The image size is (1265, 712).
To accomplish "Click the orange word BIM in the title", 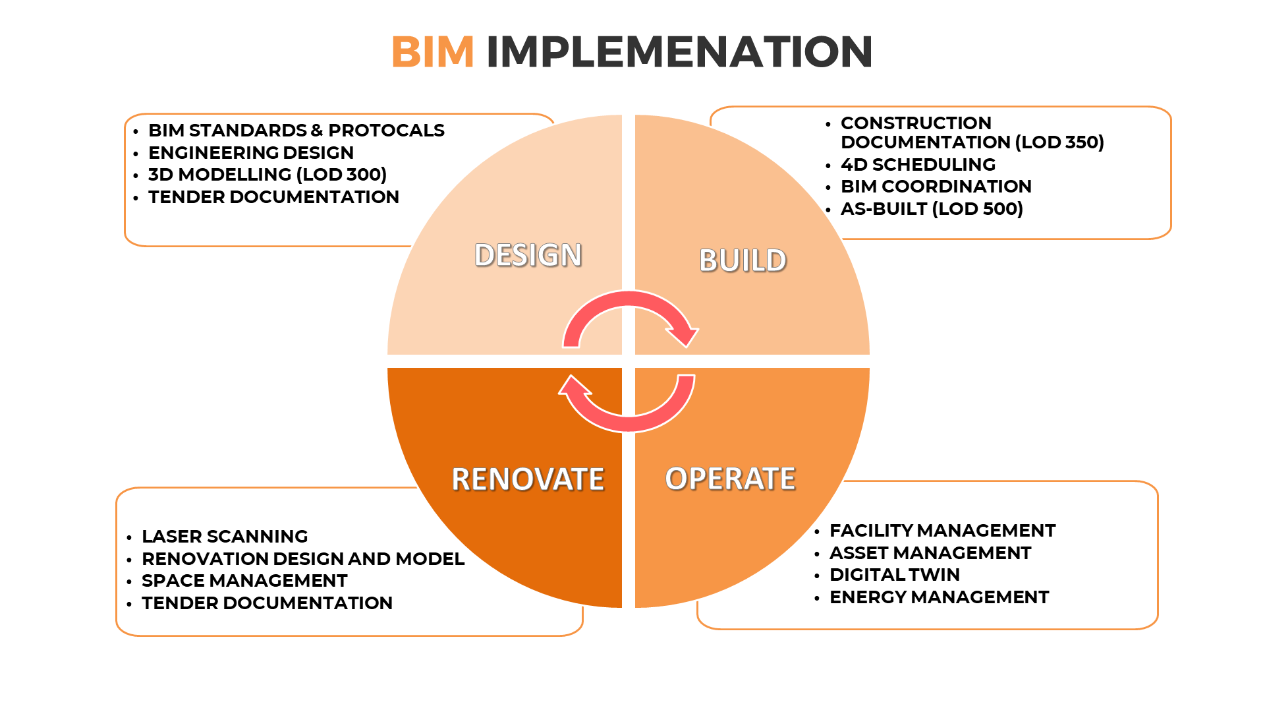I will point(432,52).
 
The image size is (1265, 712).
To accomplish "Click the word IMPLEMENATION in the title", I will point(679,52).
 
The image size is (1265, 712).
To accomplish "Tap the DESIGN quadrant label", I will point(528,255).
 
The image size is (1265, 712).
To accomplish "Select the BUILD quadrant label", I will point(743,260).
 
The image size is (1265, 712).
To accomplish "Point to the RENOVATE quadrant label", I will point(528,479).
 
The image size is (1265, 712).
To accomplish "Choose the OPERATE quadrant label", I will point(730,479).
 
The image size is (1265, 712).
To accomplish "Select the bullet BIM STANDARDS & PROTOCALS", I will point(296,131).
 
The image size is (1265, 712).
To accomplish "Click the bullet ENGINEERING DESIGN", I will point(250,153).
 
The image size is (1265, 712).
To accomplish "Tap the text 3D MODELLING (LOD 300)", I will point(267,175).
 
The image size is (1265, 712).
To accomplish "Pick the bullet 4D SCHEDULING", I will point(918,165).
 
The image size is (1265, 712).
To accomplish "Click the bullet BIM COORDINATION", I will point(936,187).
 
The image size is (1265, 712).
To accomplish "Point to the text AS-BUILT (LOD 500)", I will point(932,209).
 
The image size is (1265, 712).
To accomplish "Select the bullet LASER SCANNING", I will point(225,537).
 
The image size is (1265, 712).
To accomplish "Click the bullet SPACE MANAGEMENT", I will point(244,581).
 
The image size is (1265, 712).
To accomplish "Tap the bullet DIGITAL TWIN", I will point(894,575).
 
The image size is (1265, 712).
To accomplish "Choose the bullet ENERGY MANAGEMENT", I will point(939,597).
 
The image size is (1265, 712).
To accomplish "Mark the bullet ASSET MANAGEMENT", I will point(930,553).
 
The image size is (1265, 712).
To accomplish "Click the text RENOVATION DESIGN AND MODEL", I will point(303,559).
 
